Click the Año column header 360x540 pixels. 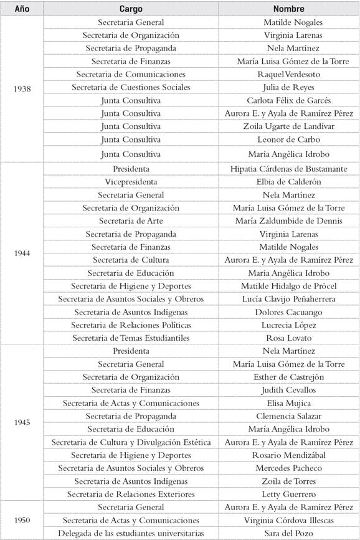point(22,9)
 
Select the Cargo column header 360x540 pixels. point(131,9)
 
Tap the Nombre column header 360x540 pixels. point(289,9)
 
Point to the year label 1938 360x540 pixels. point(22,88)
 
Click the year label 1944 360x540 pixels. point(22,253)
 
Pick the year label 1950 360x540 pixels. point(22,519)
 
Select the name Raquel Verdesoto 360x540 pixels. point(289,74)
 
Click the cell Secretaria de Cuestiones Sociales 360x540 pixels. point(131,87)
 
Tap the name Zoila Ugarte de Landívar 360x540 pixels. point(289,126)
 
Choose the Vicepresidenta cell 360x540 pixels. point(131,182)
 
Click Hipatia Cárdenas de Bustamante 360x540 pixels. point(289,169)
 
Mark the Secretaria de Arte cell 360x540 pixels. point(131,220)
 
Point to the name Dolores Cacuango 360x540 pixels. point(289,312)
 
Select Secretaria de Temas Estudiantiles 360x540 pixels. point(131,338)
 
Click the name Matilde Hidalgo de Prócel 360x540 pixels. point(289,286)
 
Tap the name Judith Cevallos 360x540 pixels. point(289,390)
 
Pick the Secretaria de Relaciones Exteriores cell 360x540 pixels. point(131,494)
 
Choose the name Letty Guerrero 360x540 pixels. point(289,494)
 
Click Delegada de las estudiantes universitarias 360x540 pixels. point(131,533)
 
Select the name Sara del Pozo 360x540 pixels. point(289,533)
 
